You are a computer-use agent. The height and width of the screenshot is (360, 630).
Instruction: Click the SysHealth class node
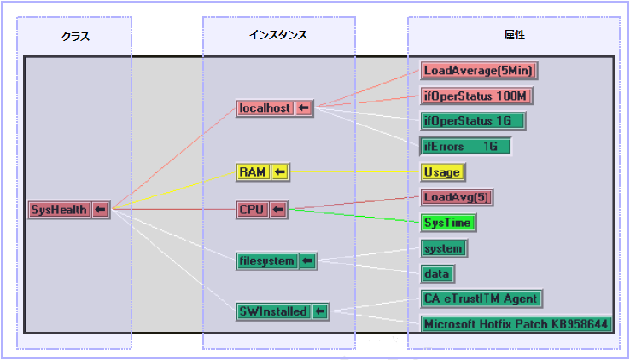[x=59, y=209]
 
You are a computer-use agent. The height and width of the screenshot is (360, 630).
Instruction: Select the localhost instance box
[x=265, y=108]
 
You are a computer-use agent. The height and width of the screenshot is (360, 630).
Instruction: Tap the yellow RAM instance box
[x=253, y=172]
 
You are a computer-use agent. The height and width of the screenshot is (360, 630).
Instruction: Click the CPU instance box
[x=253, y=210]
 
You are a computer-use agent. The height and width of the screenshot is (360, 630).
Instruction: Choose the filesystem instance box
[x=266, y=261]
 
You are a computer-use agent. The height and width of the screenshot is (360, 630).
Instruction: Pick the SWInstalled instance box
[x=272, y=311]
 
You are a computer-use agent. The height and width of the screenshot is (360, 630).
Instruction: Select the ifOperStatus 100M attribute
[x=477, y=96]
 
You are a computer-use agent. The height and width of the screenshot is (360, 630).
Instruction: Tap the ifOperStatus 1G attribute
[x=473, y=120]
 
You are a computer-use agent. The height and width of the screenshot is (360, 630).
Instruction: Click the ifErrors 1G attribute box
[x=465, y=146]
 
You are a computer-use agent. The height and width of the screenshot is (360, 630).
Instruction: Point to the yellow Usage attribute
[x=442, y=172]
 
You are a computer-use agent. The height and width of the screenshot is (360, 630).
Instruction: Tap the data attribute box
[x=437, y=274]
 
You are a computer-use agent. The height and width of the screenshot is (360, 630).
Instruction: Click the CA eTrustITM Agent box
[x=481, y=299]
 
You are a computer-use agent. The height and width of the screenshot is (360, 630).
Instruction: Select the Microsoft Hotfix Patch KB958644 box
[x=516, y=324]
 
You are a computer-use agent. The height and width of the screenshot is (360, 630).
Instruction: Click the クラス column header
[x=75, y=36]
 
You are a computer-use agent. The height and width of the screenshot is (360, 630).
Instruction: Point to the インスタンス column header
[x=278, y=35]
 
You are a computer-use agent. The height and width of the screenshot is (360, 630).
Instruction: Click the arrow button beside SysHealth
[x=100, y=209]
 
